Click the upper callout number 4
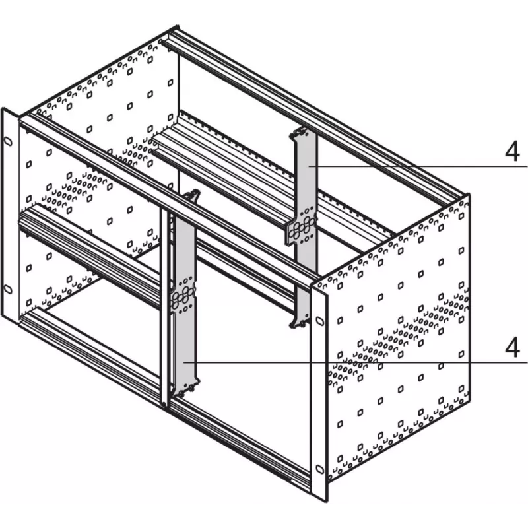click(512, 152)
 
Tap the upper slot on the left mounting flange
click(9, 141)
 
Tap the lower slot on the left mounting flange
click(8, 289)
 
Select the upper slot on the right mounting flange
click(320, 321)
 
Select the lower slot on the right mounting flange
click(320, 469)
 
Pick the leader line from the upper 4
click(418, 166)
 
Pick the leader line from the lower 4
click(356, 362)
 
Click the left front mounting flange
click(9, 216)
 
